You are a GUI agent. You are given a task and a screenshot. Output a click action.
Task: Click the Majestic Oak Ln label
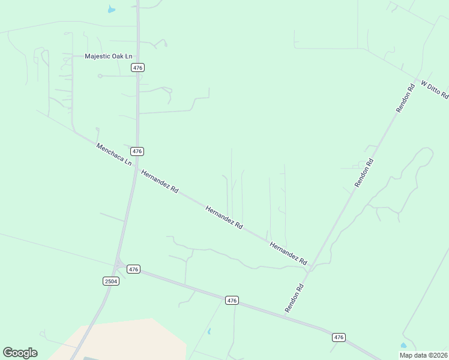tap(108, 56)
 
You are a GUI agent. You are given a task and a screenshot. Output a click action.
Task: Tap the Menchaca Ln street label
tap(113, 154)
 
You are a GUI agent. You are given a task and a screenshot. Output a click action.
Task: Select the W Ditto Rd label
tap(434, 89)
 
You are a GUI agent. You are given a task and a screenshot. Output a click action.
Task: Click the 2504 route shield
tap(111, 281)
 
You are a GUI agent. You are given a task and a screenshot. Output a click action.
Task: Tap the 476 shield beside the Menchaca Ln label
tap(137, 151)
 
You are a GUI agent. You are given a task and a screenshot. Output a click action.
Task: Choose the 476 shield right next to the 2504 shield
tap(133, 269)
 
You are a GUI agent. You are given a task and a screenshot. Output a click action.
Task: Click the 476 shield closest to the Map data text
tap(339, 337)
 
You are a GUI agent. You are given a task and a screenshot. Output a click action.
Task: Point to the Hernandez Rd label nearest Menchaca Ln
tap(160, 181)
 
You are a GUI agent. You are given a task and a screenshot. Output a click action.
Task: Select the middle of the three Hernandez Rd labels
tap(224, 218)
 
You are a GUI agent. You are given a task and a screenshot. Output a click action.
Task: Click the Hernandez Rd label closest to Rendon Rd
tap(288, 254)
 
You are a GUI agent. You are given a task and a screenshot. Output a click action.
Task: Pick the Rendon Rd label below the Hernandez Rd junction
tap(295, 298)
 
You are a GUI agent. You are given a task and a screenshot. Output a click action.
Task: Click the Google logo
tap(20, 353)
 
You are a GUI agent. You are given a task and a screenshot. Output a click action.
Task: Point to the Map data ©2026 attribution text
tap(423, 355)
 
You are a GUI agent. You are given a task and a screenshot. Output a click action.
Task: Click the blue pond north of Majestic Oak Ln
tap(111, 10)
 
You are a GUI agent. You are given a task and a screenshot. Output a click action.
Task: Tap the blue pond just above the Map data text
tap(403, 346)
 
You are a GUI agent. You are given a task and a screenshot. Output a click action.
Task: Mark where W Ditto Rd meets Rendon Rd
tap(416, 79)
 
